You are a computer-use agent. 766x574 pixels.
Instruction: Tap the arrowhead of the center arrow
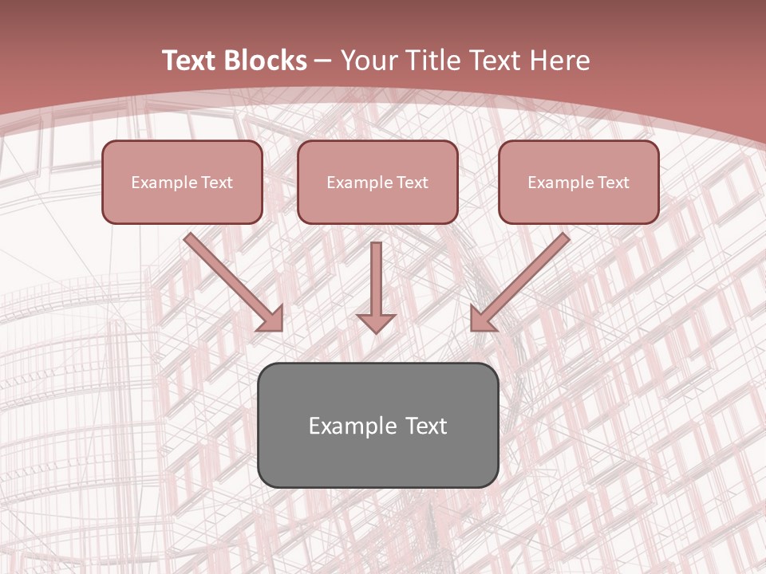[376, 323]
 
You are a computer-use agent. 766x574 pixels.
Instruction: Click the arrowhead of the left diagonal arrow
[271, 319]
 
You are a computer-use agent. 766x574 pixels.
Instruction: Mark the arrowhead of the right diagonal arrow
[482, 319]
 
